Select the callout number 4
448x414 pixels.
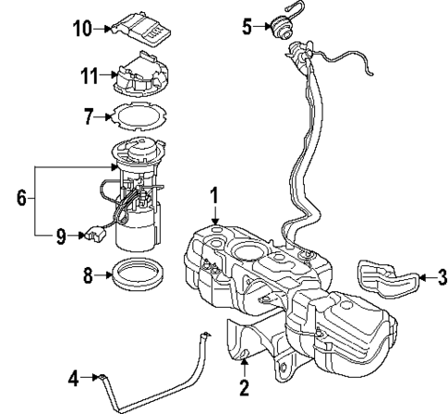(74, 376)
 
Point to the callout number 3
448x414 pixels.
(441, 276)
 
